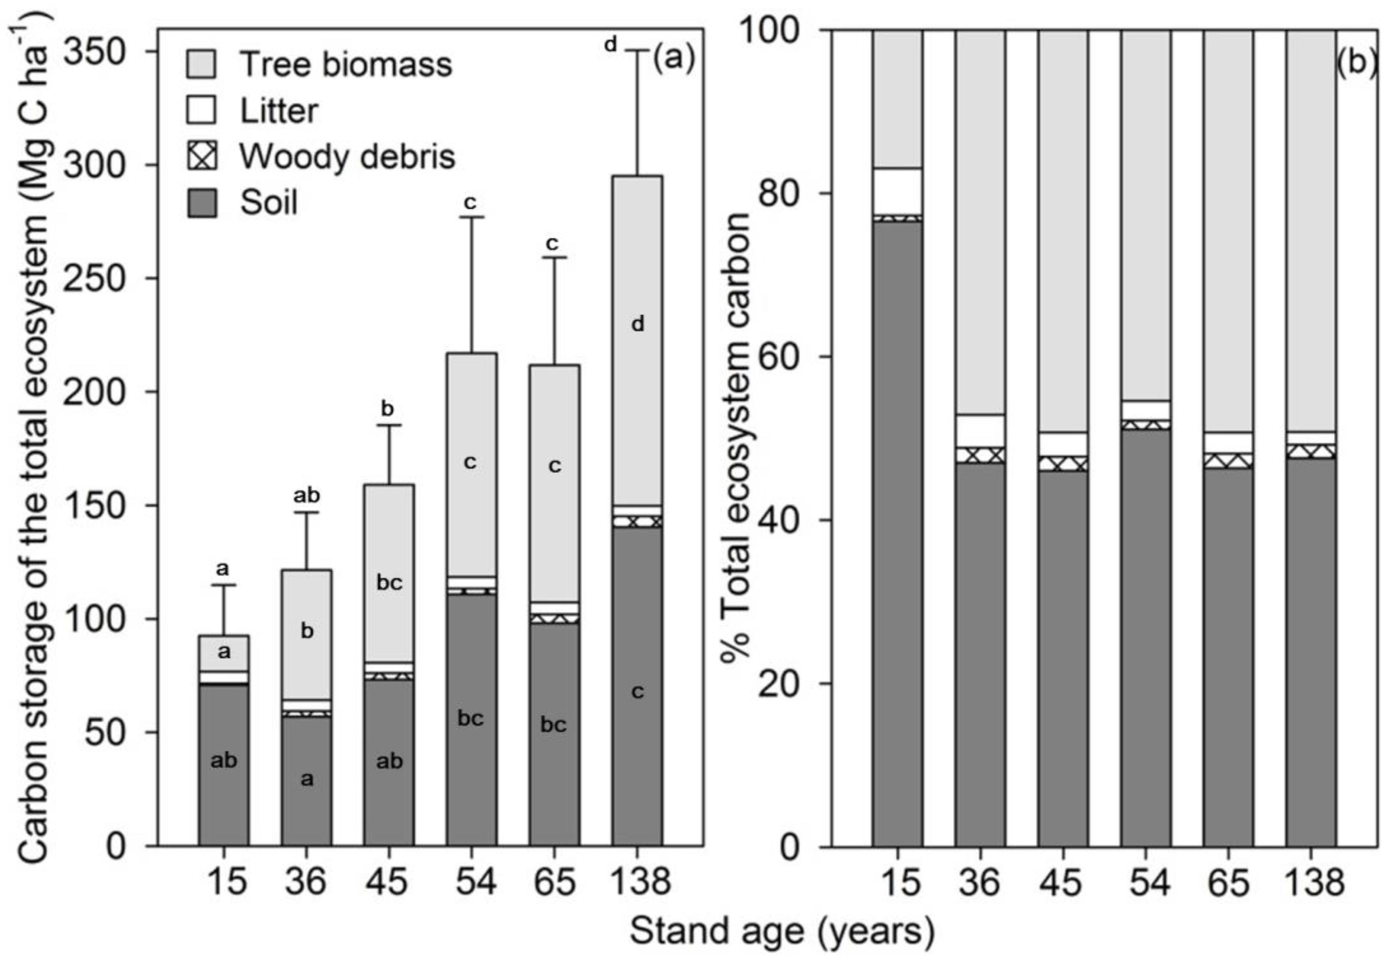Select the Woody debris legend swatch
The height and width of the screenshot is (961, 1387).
coord(201,156)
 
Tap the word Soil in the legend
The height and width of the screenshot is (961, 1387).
coord(268,203)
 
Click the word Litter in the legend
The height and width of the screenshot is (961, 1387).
coord(279,111)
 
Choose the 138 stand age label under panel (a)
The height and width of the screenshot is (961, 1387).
coord(640,883)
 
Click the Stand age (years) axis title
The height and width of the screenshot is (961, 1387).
coord(782,931)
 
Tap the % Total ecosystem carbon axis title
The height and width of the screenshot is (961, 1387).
coord(736,436)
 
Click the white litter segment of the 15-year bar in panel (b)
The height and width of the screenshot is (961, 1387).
coord(898,191)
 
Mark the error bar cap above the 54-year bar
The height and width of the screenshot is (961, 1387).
coord(472,217)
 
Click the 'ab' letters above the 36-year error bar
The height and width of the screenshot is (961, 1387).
coord(307,495)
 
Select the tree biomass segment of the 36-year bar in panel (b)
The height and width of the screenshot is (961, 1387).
coord(980,222)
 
